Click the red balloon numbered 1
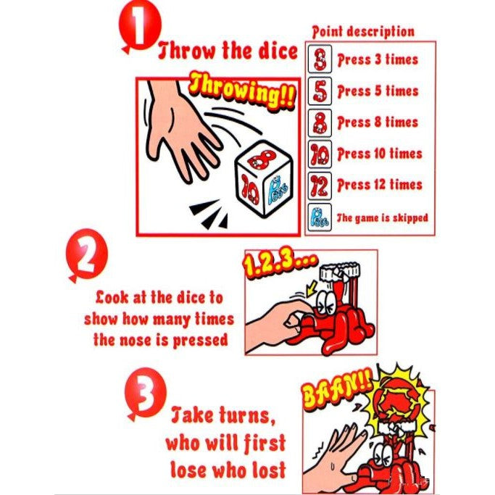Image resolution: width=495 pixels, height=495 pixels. (x=140, y=27)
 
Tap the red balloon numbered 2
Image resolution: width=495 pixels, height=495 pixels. (x=86, y=255)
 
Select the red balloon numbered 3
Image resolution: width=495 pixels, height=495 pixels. (x=145, y=394)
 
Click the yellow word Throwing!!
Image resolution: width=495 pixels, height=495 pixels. (x=243, y=91)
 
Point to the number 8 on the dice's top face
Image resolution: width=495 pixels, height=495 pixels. (x=262, y=159)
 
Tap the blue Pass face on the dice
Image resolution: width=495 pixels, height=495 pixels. (x=277, y=190)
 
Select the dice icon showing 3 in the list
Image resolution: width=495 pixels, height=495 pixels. (x=320, y=59)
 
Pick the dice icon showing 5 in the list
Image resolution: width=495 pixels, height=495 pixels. (x=320, y=91)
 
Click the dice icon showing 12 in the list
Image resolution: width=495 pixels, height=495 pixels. (x=320, y=186)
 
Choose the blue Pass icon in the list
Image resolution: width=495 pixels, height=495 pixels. (x=320, y=217)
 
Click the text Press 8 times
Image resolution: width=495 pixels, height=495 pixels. (x=378, y=122)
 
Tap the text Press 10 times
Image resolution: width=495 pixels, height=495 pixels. (x=380, y=154)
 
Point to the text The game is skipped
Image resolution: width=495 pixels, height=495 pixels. (x=382, y=218)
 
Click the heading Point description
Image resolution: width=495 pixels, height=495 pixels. (x=363, y=32)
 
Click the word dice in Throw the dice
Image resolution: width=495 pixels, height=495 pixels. (x=278, y=51)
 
